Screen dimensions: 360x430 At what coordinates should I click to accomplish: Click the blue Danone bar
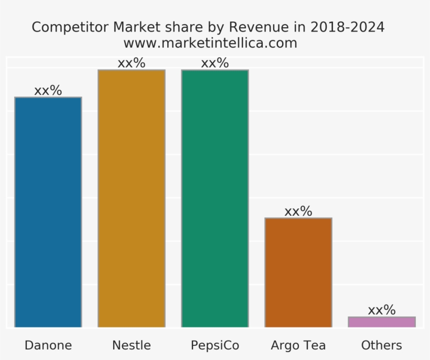pyautogui.click(x=48, y=213)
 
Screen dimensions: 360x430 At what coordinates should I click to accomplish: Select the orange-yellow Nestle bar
pyautogui.click(x=131, y=198)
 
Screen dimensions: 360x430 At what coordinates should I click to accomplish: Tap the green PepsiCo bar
pyautogui.click(x=214, y=198)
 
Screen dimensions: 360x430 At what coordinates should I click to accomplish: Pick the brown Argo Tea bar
pyautogui.click(x=298, y=272)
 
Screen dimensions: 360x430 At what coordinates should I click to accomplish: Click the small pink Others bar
pyautogui.click(x=381, y=322)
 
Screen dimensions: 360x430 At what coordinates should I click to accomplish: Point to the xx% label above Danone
pyautogui.click(x=48, y=90)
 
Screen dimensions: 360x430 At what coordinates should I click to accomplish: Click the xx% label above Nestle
pyautogui.click(x=131, y=63)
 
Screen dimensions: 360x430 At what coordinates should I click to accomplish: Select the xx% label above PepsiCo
pyautogui.click(x=214, y=63)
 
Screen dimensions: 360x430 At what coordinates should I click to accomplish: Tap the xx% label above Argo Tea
pyautogui.click(x=298, y=211)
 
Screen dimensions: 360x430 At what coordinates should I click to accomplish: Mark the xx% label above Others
pyautogui.click(x=381, y=310)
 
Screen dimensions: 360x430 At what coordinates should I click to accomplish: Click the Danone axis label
pyautogui.click(x=48, y=345)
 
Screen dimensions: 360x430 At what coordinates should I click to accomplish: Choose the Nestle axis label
pyautogui.click(x=131, y=345)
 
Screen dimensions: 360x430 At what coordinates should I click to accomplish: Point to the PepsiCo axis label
pyautogui.click(x=214, y=345)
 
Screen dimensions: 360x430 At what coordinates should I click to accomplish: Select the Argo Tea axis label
pyautogui.click(x=298, y=345)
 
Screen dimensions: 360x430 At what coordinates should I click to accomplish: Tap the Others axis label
pyautogui.click(x=381, y=345)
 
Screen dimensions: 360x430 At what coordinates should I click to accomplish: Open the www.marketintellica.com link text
pyautogui.click(x=210, y=43)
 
